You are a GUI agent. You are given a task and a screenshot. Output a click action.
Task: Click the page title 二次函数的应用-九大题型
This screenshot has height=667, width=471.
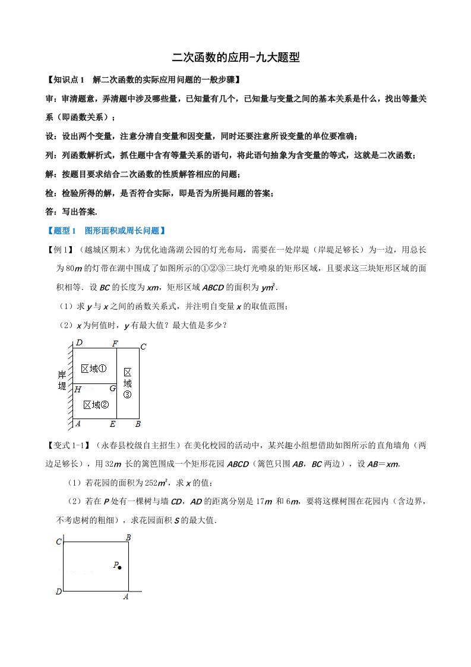(x=235, y=58)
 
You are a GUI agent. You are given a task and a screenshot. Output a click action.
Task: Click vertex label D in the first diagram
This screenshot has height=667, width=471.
(x=78, y=343)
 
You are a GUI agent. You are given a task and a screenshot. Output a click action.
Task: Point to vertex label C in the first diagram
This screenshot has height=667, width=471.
(x=143, y=347)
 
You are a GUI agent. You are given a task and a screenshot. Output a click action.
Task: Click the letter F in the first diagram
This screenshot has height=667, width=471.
(x=115, y=344)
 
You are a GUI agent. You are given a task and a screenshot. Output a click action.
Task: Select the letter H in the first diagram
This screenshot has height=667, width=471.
(x=77, y=389)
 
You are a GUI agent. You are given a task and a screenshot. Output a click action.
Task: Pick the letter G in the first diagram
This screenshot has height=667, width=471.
(x=112, y=389)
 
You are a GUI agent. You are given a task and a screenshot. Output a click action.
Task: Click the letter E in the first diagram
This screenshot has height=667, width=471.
(x=113, y=424)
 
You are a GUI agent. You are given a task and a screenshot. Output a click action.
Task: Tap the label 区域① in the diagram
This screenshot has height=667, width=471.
(x=94, y=369)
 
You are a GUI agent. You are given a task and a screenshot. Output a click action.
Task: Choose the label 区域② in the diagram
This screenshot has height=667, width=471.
(x=96, y=405)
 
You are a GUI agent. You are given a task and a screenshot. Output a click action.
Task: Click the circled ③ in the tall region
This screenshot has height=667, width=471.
(x=128, y=394)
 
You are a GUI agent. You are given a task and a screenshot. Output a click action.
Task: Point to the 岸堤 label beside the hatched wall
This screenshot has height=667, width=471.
(x=62, y=380)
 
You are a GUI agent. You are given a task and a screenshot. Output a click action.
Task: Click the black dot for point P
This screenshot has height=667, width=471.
(x=120, y=568)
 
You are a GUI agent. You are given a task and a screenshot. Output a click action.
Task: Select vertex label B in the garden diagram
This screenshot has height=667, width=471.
(x=128, y=537)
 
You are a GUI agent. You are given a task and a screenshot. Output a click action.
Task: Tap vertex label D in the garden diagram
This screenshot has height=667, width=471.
(x=59, y=592)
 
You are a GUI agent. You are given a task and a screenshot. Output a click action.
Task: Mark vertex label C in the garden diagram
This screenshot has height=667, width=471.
(x=59, y=542)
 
